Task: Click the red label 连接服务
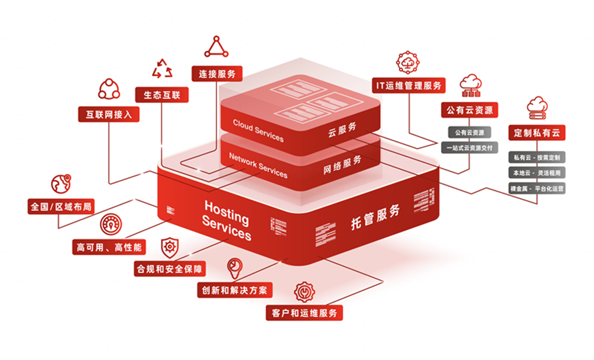click(217, 74)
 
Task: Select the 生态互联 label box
click(162, 94)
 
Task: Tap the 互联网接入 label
click(109, 114)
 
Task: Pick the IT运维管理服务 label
click(409, 85)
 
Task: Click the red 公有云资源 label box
click(469, 110)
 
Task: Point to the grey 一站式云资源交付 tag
click(469, 148)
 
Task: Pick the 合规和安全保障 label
click(170, 269)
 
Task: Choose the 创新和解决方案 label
click(235, 290)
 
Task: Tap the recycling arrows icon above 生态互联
click(162, 69)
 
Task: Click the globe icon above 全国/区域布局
click(61, 184)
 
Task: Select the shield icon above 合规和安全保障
click(170, 247)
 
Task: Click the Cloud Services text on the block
click(258, 130)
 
